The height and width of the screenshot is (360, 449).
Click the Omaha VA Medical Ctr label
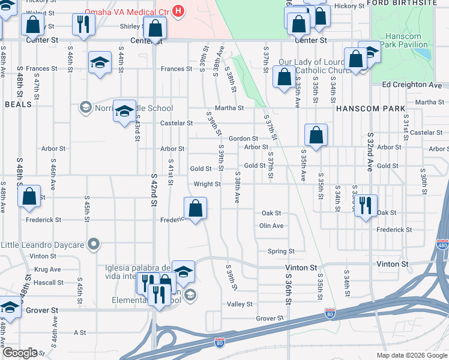pos(127,12)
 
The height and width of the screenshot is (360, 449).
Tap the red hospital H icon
pos(178,11)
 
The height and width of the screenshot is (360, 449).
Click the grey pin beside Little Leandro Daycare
pos(93,244)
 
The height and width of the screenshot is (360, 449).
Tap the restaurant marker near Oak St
pos(366,205)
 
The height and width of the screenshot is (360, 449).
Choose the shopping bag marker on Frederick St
pos(196,209)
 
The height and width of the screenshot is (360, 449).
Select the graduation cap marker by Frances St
pos(100,63)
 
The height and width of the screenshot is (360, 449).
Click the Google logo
pos(20,353)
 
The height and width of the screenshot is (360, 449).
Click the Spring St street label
pos(281,251)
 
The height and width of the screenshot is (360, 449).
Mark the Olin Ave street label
pos(271,226)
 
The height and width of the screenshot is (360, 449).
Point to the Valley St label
pos(240,304)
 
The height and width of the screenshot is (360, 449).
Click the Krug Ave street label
pos(49,269)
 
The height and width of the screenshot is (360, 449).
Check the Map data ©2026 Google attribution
pos(411,355)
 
